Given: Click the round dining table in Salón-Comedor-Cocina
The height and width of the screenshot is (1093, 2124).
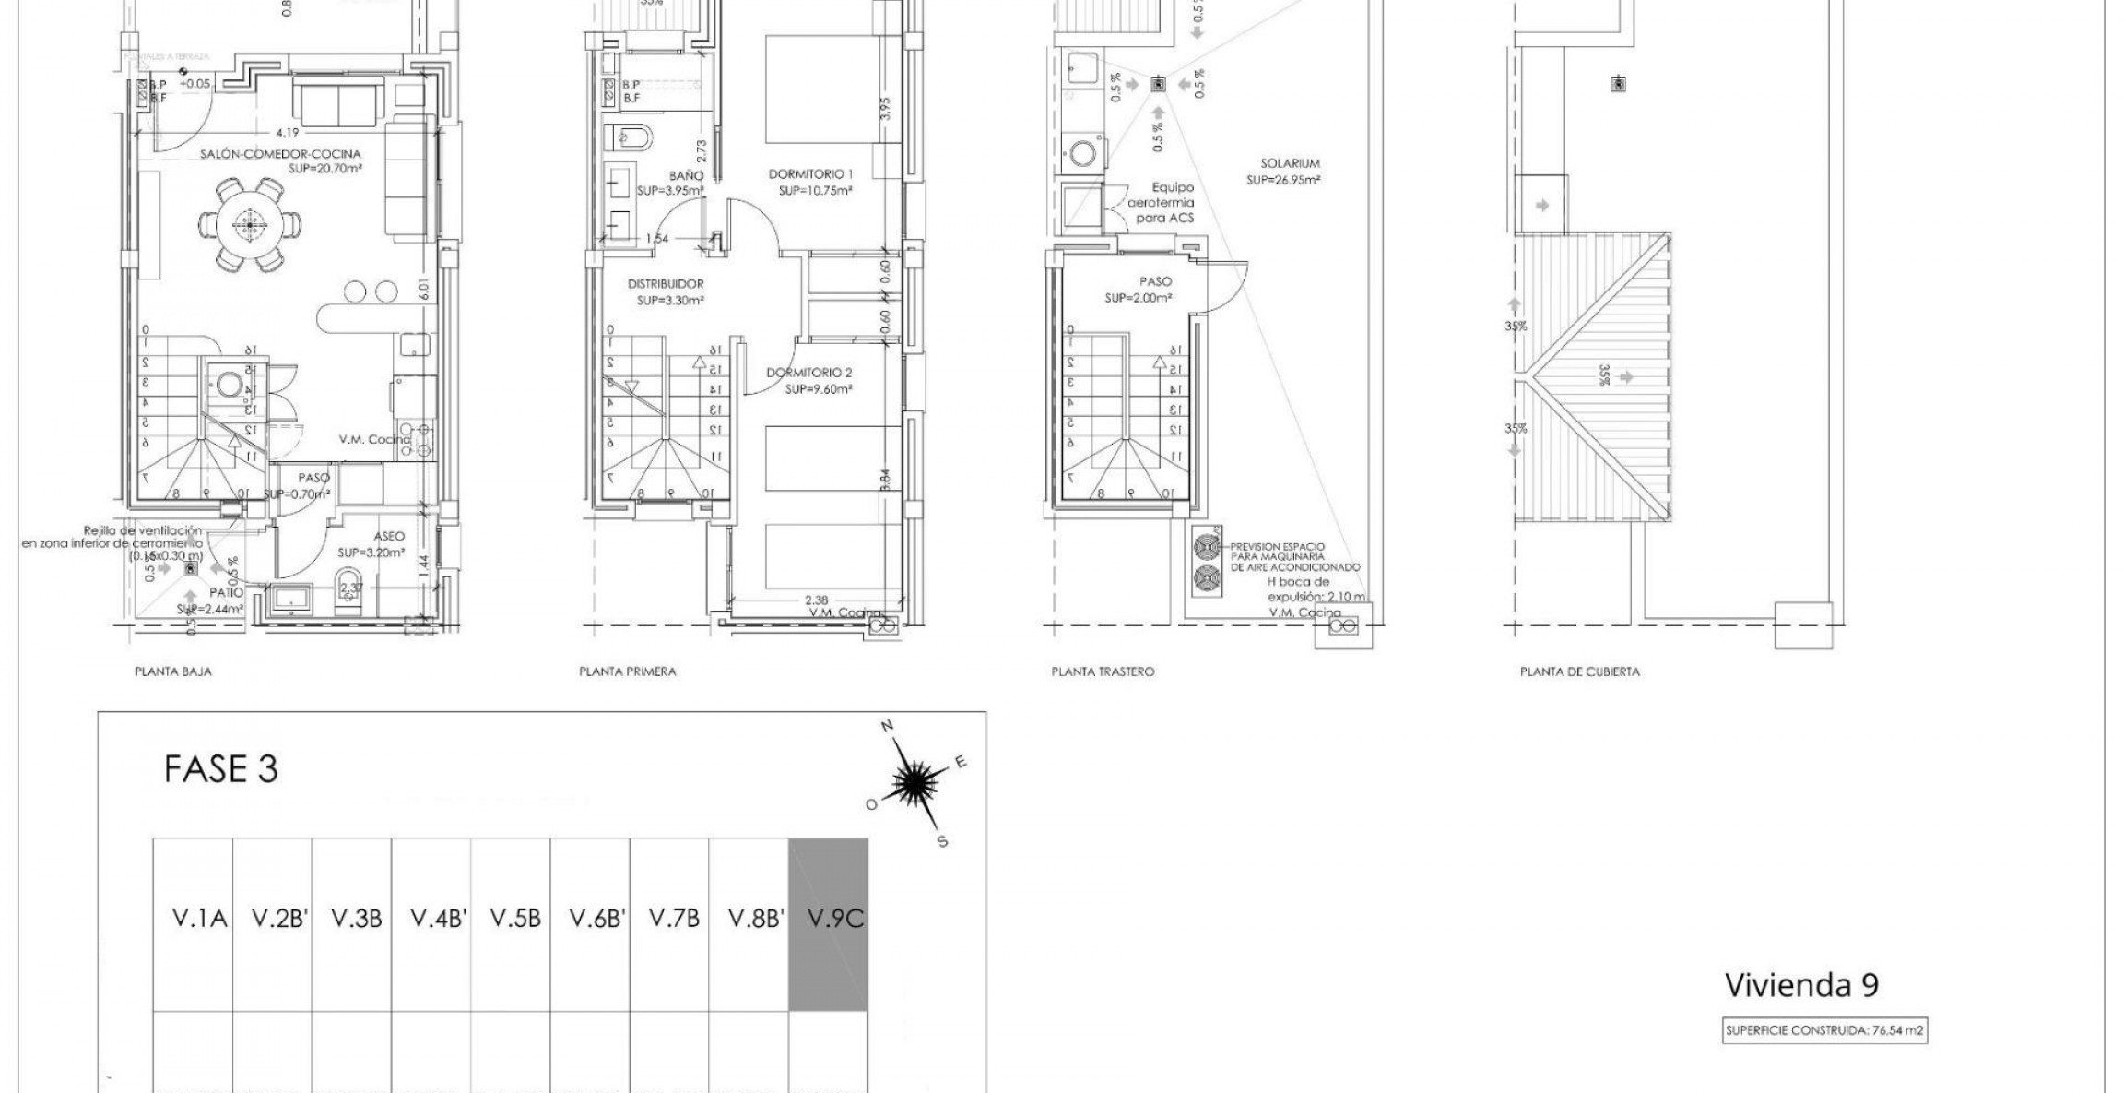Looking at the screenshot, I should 247,221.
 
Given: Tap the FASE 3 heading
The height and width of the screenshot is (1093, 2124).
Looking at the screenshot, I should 220,769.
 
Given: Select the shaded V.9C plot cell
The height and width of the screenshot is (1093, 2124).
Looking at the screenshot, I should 828,924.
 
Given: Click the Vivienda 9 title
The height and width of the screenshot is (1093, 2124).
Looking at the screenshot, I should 1800,985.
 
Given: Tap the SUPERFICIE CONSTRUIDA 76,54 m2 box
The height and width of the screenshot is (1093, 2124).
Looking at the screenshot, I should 1824,1031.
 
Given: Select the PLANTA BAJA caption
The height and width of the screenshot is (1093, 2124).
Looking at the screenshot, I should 173,672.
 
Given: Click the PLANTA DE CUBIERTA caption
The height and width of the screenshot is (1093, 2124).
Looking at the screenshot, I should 1579,672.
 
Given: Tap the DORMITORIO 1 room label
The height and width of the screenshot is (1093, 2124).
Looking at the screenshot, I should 811,174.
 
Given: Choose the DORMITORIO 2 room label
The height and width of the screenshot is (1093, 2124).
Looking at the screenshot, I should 809,374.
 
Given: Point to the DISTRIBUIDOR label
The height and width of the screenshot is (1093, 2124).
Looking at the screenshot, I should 666,285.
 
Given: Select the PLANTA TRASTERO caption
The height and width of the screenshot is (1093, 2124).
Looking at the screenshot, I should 1103,672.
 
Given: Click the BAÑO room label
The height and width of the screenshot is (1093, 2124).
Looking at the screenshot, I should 687,175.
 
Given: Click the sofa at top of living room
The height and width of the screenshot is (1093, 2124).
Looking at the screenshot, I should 338,102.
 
